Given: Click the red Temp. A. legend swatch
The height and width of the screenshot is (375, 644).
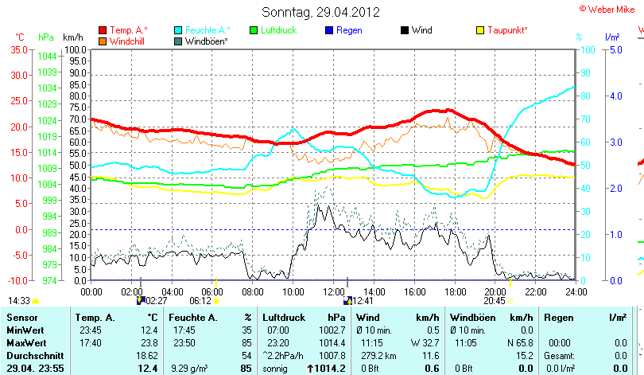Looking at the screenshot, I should [103, 30].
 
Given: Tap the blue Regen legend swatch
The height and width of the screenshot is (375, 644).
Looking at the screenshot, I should [329, 30].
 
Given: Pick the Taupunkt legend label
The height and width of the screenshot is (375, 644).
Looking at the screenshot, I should [507, 30].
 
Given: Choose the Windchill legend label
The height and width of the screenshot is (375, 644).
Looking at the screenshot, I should [127, 41].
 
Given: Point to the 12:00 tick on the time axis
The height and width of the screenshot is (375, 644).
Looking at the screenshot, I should [333, 291].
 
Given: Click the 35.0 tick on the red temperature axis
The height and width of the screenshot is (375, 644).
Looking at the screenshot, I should [18, 49].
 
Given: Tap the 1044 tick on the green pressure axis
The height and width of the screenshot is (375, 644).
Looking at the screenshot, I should [47, 56].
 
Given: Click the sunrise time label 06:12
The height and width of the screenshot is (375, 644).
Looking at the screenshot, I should [200, 301].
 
